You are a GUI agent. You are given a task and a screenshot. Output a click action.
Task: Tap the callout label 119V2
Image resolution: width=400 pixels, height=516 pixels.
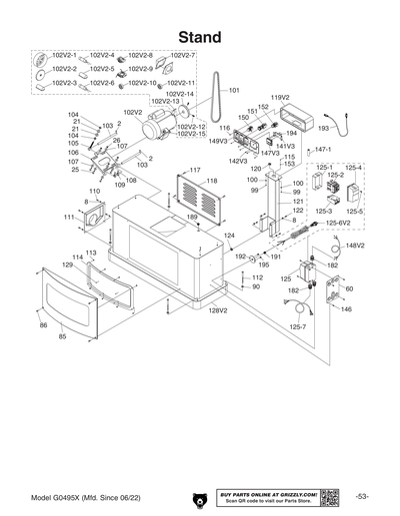pos(279,98)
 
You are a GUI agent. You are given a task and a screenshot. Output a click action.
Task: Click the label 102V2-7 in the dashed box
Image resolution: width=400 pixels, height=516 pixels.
pos(182,55)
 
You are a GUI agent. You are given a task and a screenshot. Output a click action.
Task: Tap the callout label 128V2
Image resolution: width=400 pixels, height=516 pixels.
pos(218,310)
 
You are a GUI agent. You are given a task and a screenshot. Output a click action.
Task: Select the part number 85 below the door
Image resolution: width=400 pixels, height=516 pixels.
pos(62,337)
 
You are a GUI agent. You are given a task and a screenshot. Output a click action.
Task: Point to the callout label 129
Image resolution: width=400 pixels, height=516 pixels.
pos(67,264)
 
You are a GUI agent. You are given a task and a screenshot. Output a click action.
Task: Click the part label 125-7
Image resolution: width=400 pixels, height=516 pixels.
pos(298,326)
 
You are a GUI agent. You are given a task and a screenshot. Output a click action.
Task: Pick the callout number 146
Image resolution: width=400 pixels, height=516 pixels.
pos(346,309)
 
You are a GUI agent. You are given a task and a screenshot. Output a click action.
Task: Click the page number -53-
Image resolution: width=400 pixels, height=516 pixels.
pos(362,496)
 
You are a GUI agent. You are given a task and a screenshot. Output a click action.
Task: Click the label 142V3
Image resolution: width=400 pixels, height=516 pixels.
pos(237,160)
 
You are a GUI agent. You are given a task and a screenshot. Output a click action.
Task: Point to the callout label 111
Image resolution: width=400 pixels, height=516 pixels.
pos(70,217)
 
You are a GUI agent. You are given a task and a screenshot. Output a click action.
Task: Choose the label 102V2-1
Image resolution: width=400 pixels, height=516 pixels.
pos(64,55)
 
